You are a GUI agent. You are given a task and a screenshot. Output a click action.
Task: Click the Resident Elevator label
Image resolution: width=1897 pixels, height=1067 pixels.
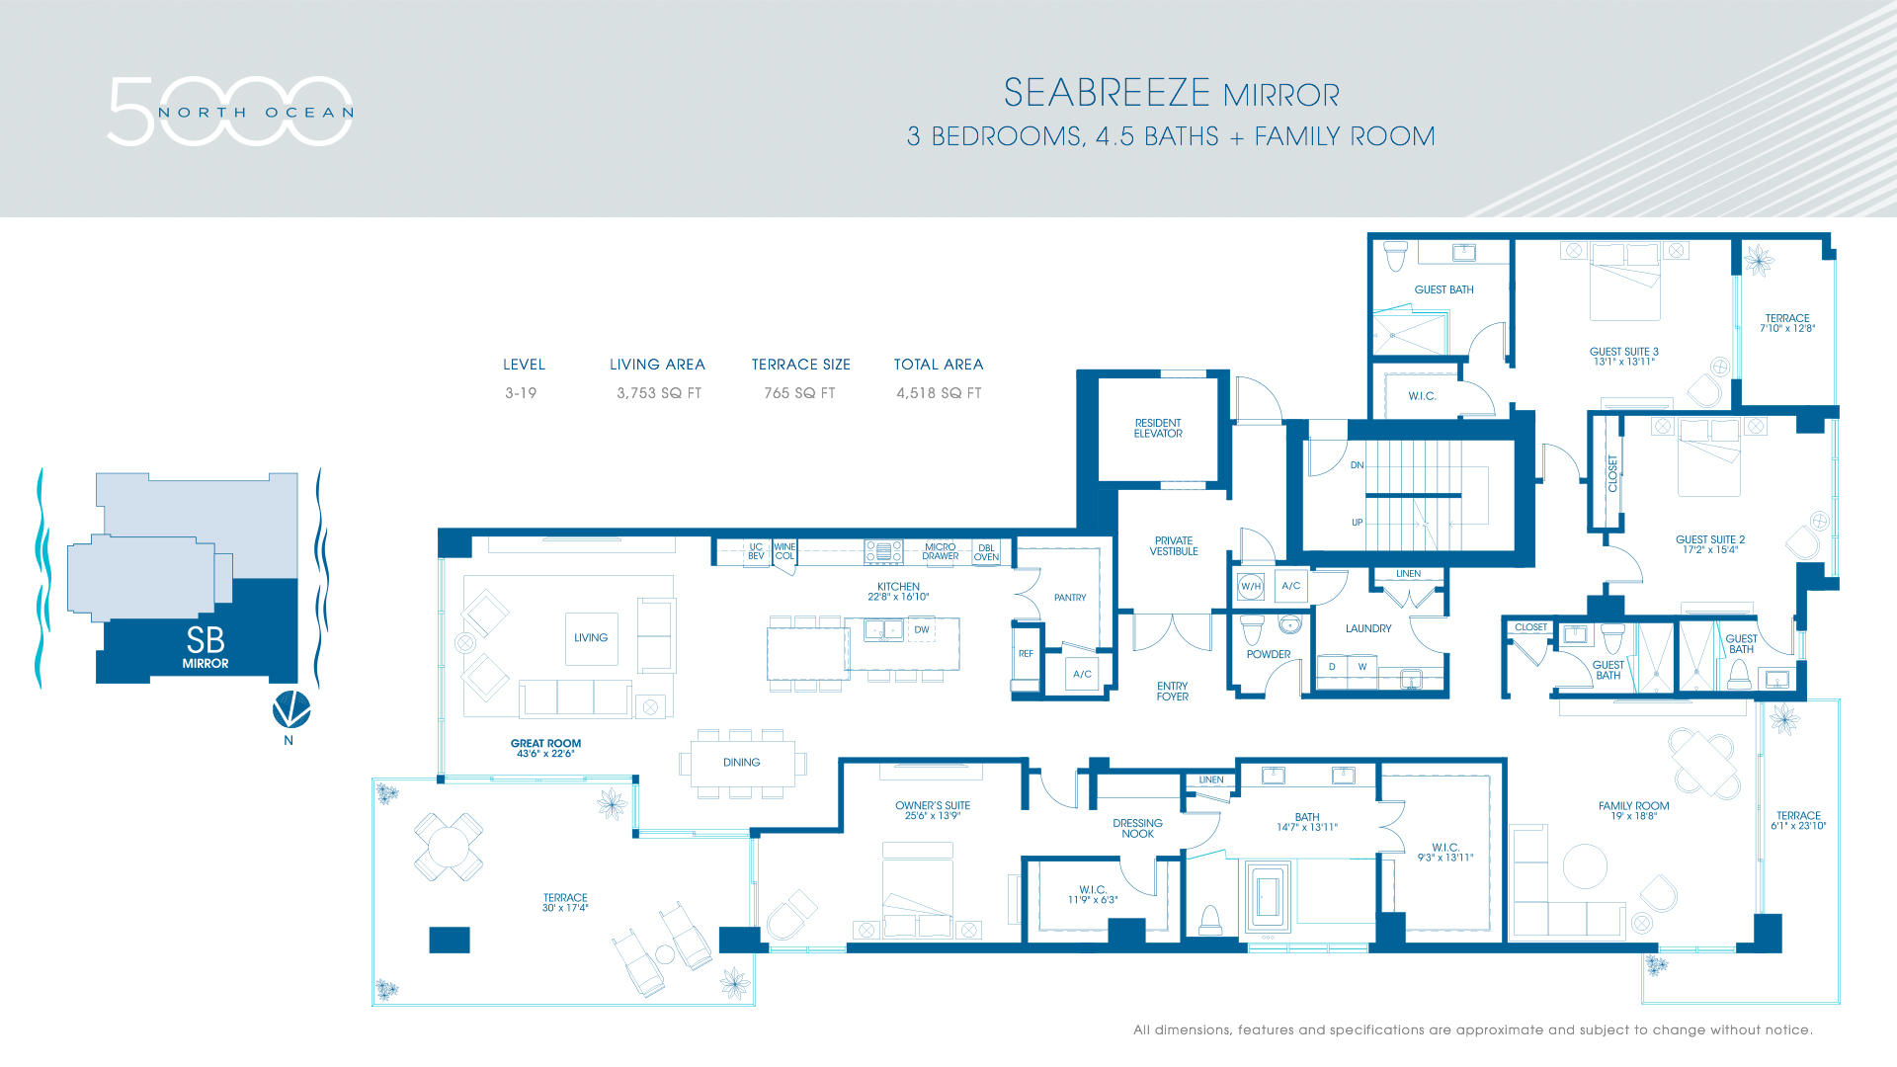pyautogui.click(x=1158, y=428)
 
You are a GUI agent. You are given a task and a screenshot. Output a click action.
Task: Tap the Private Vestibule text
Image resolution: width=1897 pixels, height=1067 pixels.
pyautogui.click(x=1173, y=546)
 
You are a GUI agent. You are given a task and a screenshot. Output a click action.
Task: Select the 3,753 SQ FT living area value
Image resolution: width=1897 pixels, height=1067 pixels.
pyautogui.click(x=658, y=393)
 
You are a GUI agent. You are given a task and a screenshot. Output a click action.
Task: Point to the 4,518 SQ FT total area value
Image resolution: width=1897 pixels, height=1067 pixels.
pyautogui.click(x=938, y=393)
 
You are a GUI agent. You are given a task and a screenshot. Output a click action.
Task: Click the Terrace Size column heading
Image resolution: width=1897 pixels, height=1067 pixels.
pyautogui.click(x=800, y=365)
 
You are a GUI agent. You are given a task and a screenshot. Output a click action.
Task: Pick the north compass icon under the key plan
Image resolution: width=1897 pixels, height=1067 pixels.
pyautogui.click(x=290, y=708)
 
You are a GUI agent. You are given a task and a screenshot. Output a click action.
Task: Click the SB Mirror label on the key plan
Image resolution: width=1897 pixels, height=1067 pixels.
pyautogui.click(x=205, y=647)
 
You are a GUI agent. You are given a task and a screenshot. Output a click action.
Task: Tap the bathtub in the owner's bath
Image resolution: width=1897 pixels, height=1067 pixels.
pyautogui.click(x=1268, y=896)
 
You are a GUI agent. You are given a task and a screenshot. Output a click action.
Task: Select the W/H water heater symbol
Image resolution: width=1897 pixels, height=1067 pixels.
pyautogui.click(x=1251, y=586)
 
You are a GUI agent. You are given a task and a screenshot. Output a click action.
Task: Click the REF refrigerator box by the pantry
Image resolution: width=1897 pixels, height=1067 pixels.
pyautogui.click(x=1026, y=654)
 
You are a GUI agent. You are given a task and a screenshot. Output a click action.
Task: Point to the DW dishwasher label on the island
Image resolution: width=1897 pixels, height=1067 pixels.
pyautogui.click(x=921, y=629)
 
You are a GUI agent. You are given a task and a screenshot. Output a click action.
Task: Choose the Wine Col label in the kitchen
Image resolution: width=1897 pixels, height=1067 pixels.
pyautogui.click(x=784, y=551)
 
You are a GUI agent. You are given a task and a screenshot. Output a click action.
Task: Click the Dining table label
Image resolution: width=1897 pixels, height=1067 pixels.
pyautogui.click(x=741, y=762)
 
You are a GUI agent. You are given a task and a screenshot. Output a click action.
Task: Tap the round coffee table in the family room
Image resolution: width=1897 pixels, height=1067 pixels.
pyautogui.click(x=1585, y=865)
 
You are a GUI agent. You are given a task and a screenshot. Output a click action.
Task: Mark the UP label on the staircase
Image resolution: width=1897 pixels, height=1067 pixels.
pyautogui.click(x=1357, y=523)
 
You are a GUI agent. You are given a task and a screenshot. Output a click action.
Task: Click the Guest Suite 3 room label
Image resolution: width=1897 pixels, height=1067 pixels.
pyautogui.click(x=1623, y=356)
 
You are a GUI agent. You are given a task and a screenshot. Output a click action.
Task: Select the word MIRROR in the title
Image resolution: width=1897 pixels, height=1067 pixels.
pyautogui.click(x=1280, y=96)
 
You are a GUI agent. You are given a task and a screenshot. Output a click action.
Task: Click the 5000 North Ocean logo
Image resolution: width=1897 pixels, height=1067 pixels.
pyautogui.click(x=230, y=112)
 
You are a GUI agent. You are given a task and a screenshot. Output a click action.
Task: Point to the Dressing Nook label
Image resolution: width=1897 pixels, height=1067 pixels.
pyautogui.click(x=1137, y=828)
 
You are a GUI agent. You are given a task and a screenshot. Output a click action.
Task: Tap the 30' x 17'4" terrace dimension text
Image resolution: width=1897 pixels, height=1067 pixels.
pyautogui.click(x=565, y=908)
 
